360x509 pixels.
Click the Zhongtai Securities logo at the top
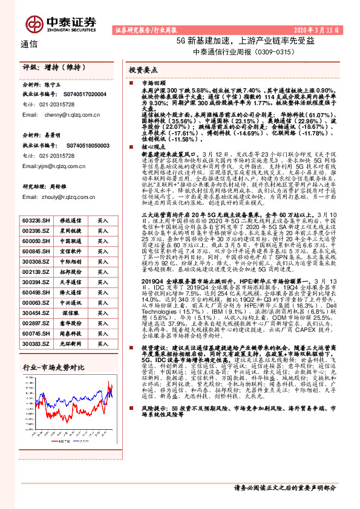point(61,22)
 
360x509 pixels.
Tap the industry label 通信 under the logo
point(29,44)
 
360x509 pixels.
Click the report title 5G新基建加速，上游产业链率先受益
point(245,41)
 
